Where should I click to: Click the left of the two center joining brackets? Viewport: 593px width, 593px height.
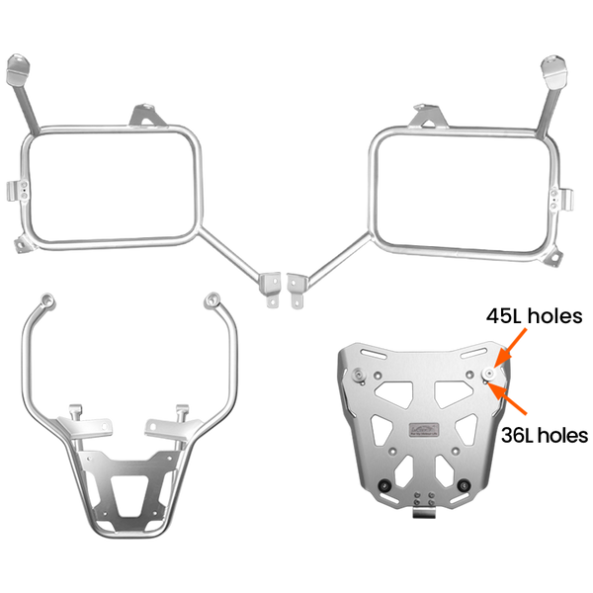[268, 289]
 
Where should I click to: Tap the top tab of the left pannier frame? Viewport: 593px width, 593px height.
[147, 110]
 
